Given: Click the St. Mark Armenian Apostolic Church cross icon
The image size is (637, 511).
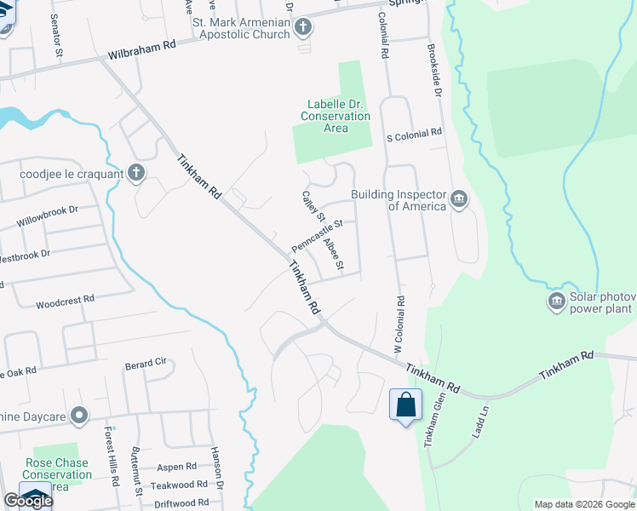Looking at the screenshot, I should tap(302, 28).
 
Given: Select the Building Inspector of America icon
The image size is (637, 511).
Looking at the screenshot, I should tap(459, 199).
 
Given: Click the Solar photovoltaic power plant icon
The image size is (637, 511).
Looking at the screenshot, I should tap(557, 301).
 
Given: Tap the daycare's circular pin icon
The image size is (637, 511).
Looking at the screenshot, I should tap(80, 416).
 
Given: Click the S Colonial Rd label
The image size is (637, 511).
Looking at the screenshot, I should tap(415, 134).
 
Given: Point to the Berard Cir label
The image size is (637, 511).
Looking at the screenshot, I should tap(146, 363).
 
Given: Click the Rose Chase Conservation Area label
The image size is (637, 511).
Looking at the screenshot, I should tap(57, 474).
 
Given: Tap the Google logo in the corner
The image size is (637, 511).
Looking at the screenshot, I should tap(28, 500).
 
